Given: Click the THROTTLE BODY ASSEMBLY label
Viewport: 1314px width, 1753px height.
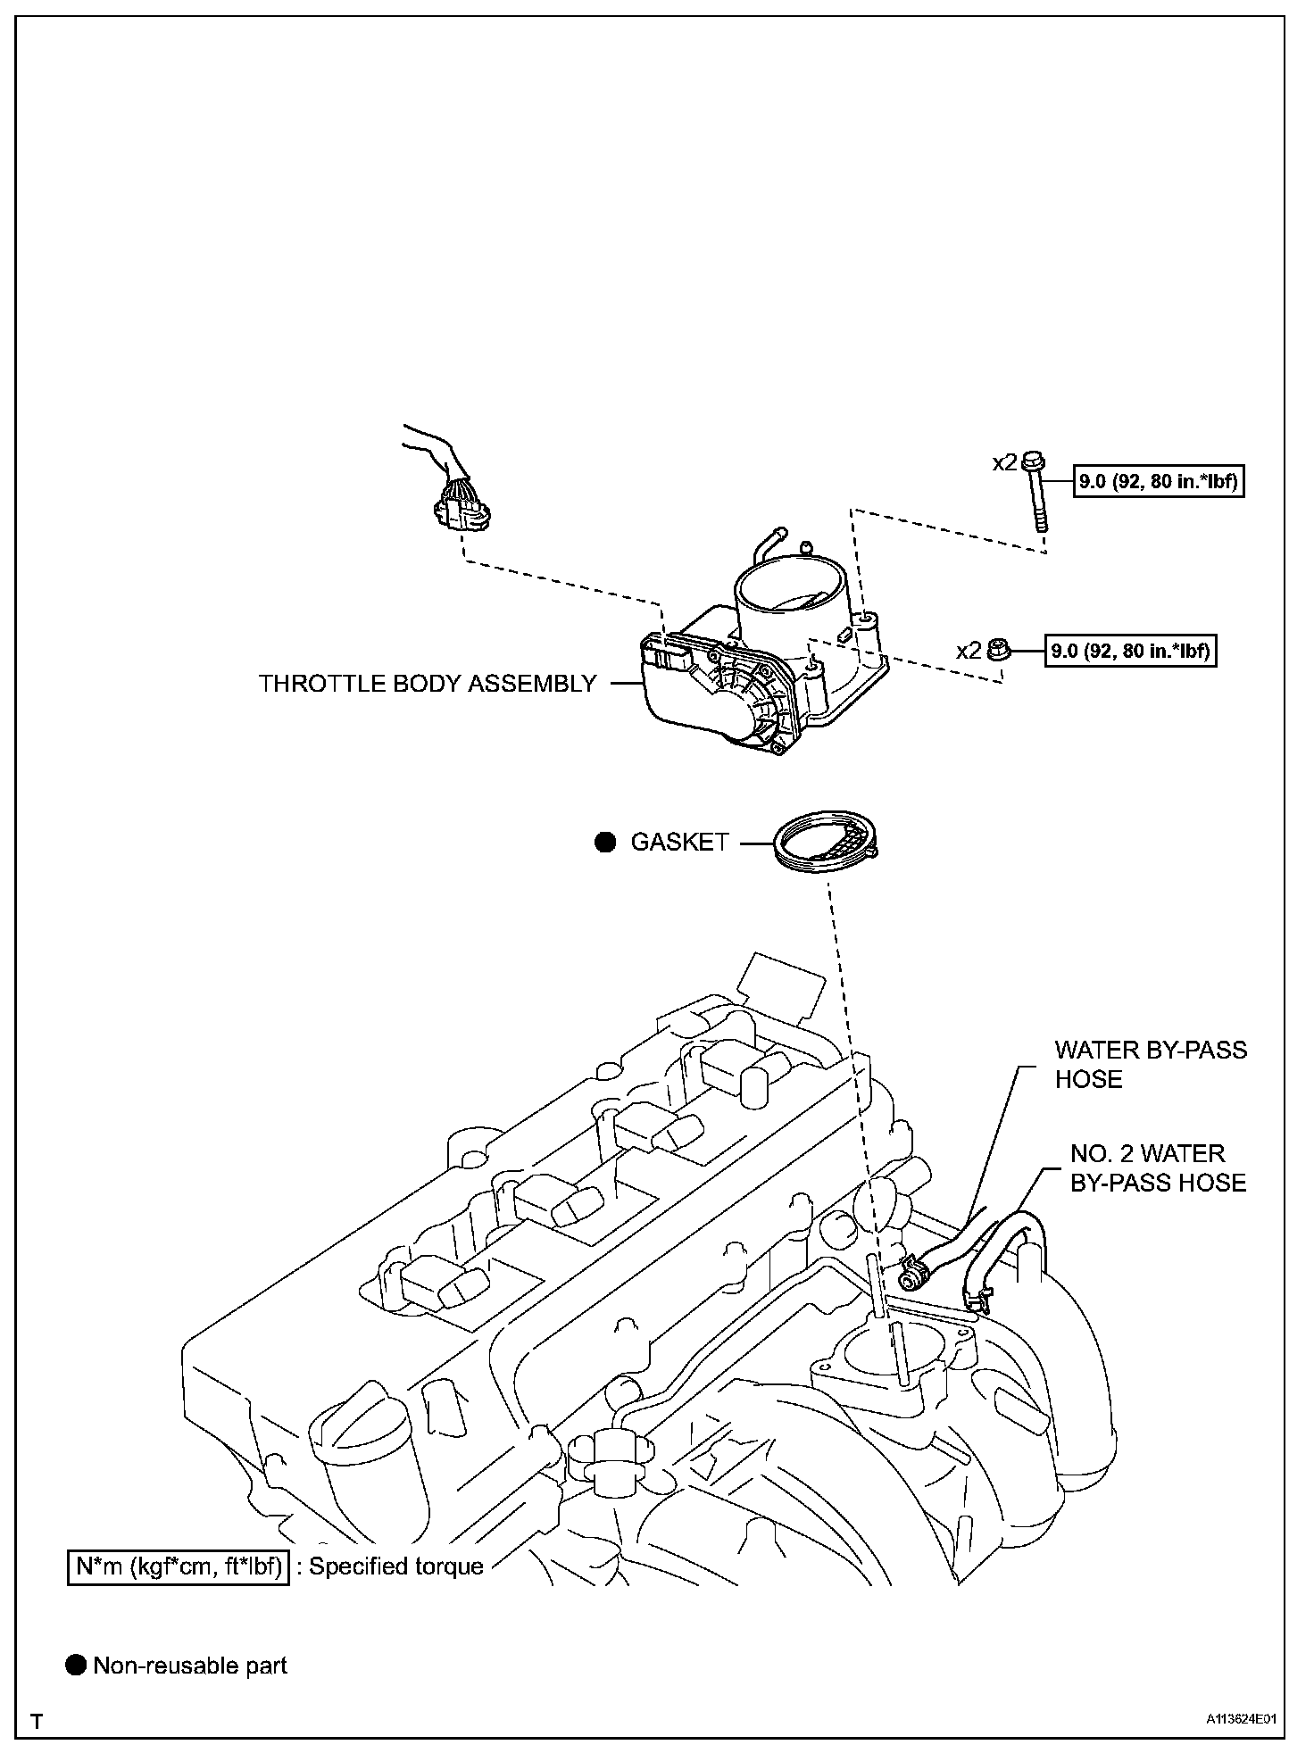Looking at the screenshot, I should point(427,684).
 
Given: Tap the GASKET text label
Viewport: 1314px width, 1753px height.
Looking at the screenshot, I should point(679,843).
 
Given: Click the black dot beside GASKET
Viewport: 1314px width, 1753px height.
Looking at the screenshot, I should point(606,843).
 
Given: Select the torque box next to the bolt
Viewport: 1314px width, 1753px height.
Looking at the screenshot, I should point(1159,483).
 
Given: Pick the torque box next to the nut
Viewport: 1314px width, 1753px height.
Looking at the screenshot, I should point(1131,651).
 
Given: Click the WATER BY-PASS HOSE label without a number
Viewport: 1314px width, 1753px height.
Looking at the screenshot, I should point(1150,1064).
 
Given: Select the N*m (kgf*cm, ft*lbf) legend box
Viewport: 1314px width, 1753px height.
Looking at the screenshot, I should point(178,1566).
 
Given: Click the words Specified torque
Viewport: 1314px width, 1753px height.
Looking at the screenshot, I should point(396,1566).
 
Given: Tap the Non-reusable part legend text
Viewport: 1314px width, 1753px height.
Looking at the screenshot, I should point(190,1666).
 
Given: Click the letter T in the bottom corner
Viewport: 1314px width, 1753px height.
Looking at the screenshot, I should point(37,1722).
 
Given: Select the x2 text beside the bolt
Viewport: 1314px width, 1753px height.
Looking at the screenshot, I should point(1004,462).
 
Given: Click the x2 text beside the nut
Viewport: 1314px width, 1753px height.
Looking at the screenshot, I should point(969,651).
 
